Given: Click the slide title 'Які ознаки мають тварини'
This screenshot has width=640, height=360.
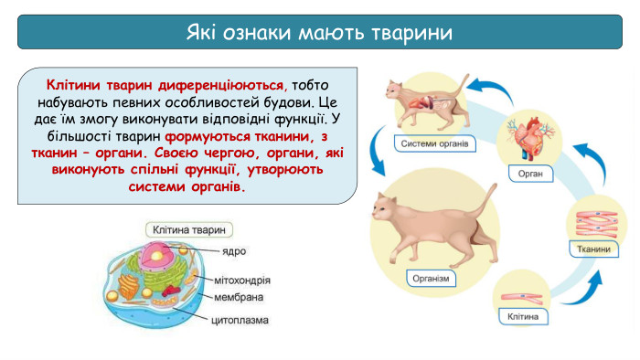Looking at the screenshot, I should coord(319,34).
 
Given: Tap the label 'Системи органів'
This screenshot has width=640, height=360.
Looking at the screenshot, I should coord(434,143).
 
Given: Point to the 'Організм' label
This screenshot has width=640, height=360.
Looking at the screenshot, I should coord(431,279).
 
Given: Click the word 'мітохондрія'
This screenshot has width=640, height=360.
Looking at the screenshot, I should coord(242,281).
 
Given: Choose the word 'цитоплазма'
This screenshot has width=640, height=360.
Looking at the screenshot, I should coord(241,321).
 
